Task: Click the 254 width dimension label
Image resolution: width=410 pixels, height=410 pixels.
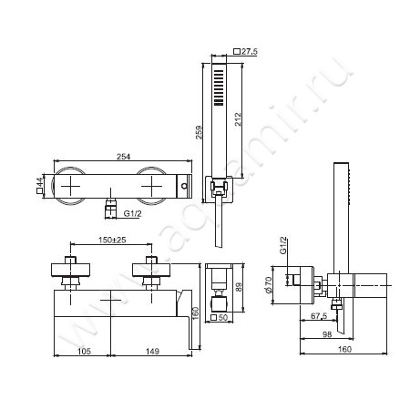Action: (123, 157)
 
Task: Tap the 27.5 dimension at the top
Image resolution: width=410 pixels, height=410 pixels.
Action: (250, 52)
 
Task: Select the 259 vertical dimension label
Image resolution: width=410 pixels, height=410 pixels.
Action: (199, 132)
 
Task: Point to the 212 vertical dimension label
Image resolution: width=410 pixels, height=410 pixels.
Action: (238, 119)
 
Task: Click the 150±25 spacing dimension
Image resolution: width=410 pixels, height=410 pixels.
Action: (112, 240)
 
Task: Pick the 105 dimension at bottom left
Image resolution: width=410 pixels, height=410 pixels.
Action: (84, 351)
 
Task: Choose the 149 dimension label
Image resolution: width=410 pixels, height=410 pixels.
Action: (152, 351)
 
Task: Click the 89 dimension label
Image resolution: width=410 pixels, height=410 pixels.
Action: (239, 287)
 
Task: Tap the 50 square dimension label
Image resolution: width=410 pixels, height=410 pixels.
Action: (223, 318)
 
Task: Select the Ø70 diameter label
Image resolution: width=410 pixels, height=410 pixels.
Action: (268, 285)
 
